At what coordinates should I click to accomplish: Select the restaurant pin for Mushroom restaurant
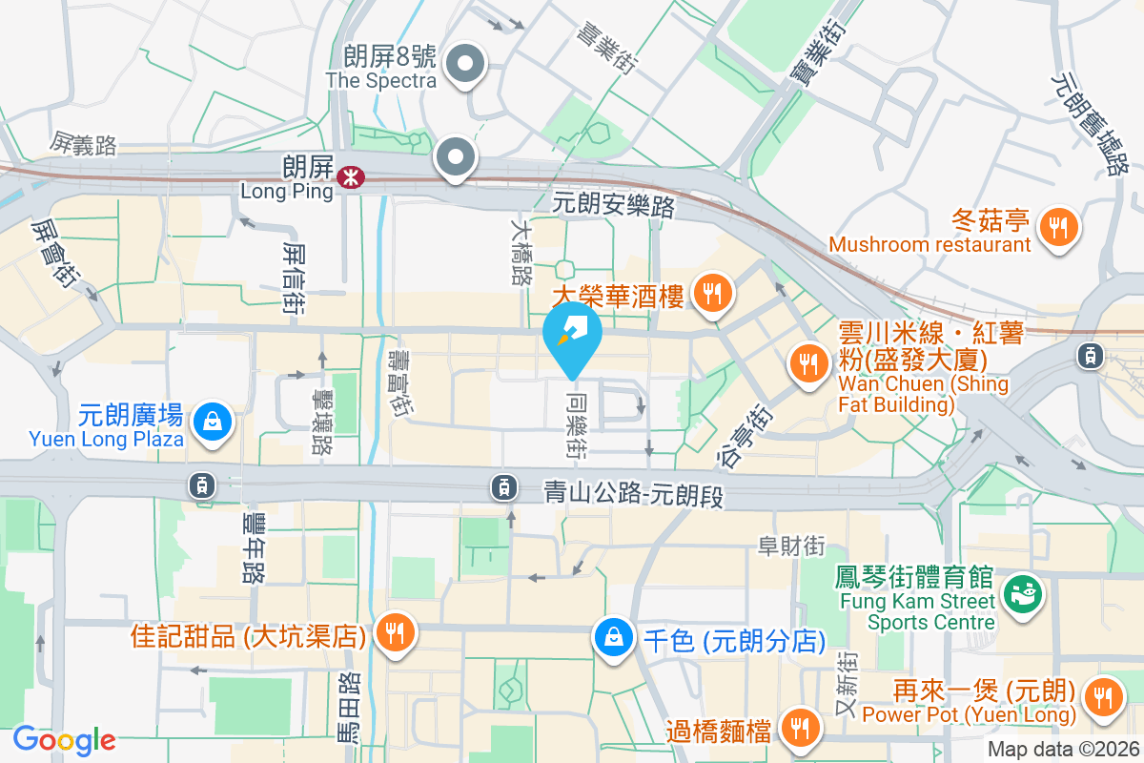[x=1057, y=228]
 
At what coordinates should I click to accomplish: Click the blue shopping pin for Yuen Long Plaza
[x=212, y=423]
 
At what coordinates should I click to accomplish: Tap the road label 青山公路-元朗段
[x=637, y=492]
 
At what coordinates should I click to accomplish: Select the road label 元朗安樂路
[x=614, y=204]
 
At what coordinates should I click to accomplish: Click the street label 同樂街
[x=575, y=423]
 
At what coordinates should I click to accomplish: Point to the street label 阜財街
[x=790, y=546]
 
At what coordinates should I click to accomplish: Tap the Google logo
[x=64, y=740]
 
